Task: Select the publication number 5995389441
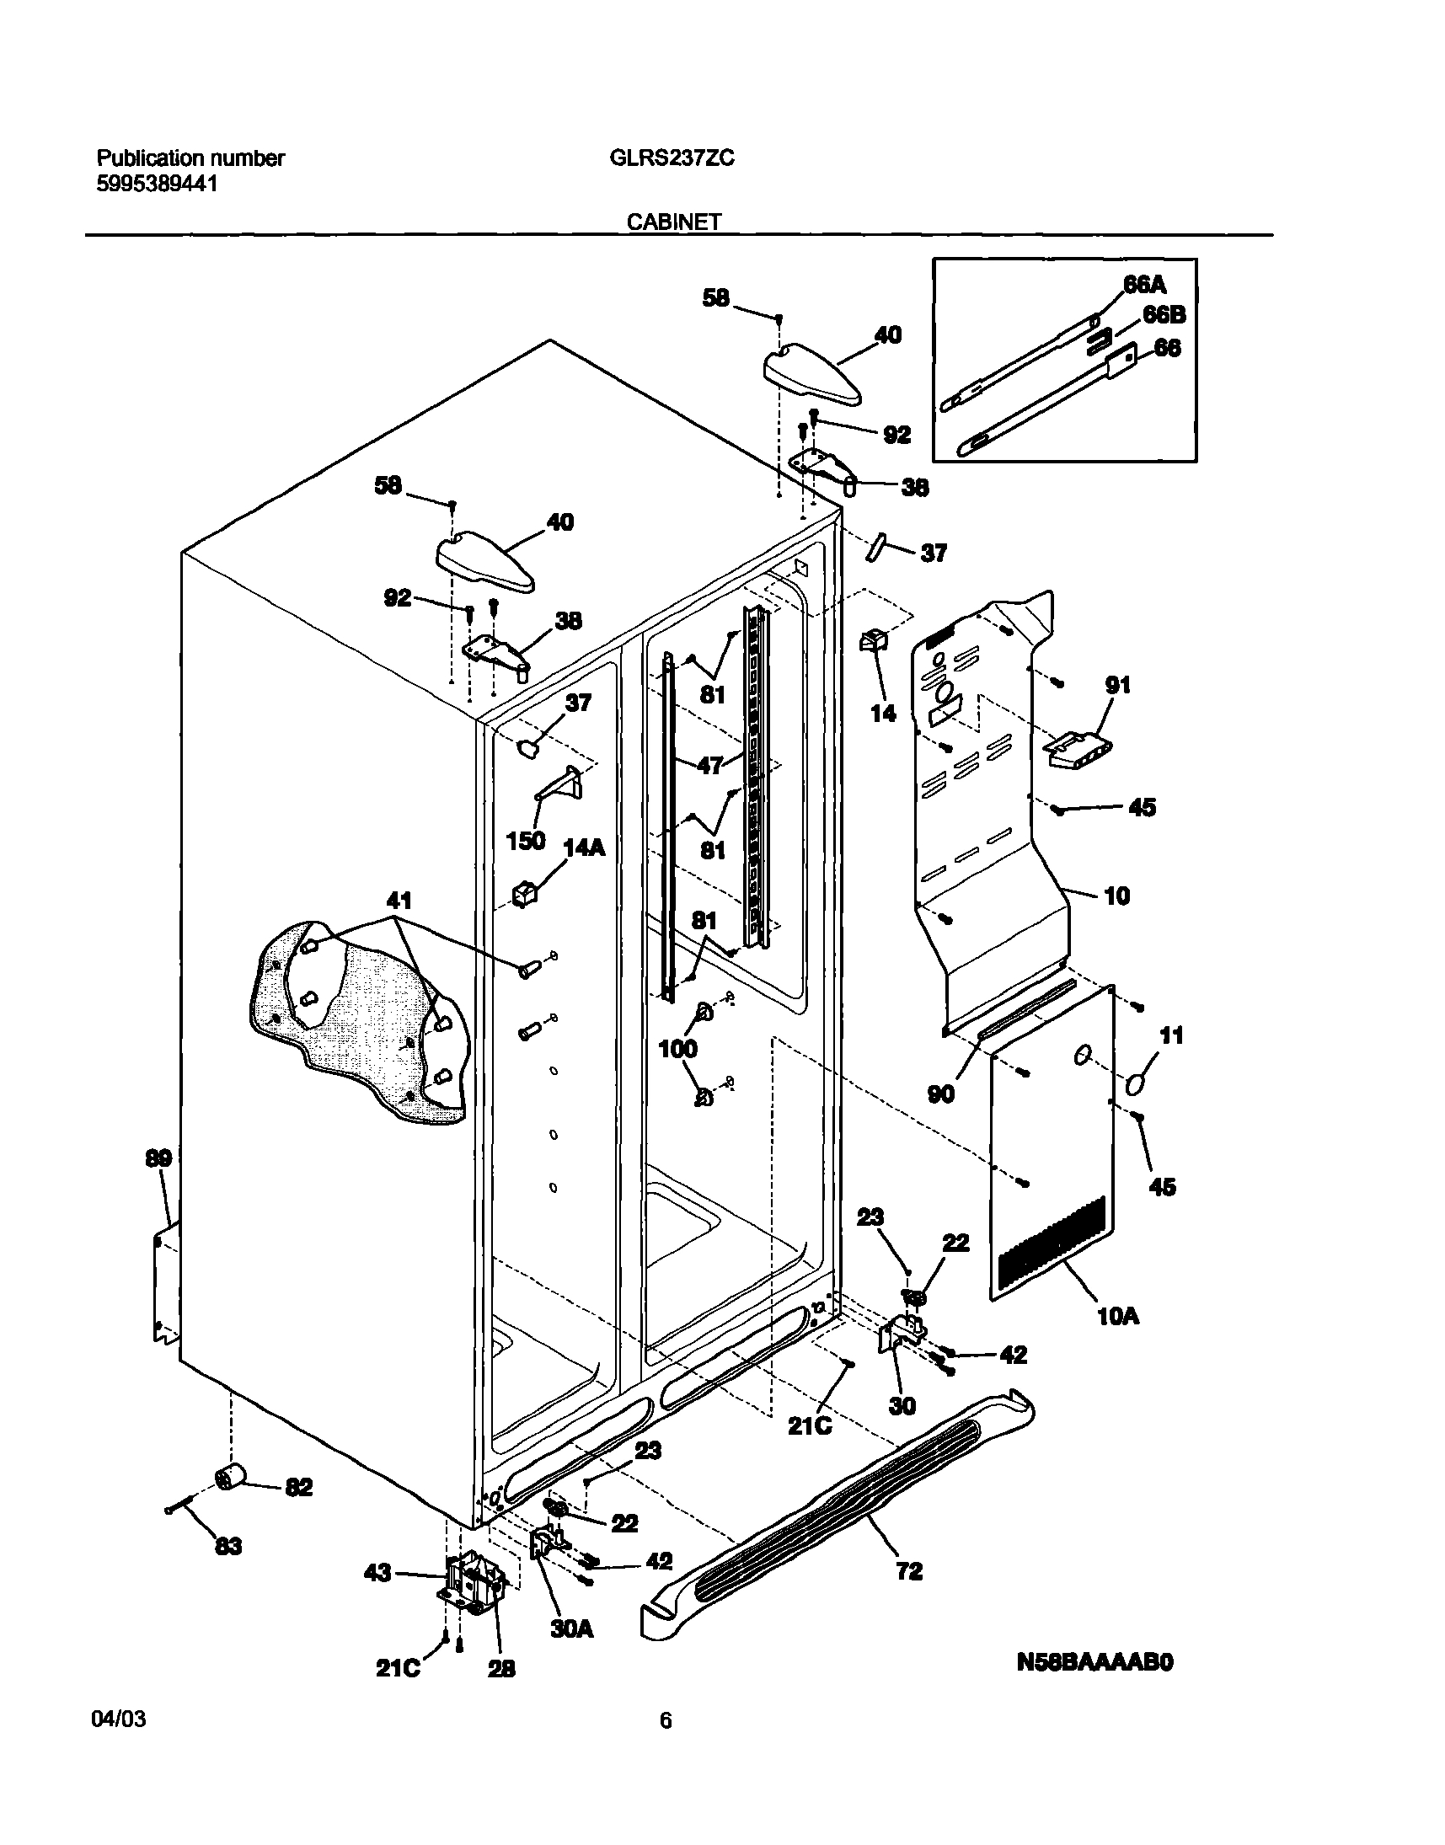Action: coord(157,184)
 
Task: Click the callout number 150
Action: coord(525,841)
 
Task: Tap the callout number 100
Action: coord(677,1049)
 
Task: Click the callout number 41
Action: coord(399,900)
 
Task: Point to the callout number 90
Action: coord(941,1094)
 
